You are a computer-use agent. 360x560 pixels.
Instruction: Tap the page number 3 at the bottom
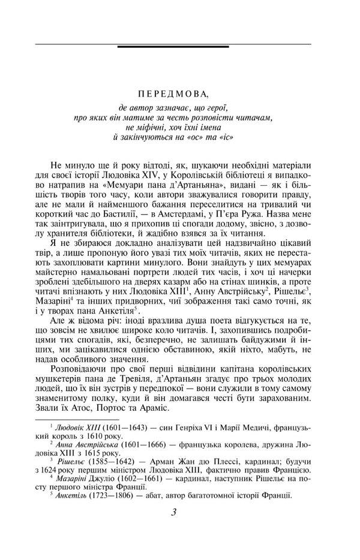tap(173, 513)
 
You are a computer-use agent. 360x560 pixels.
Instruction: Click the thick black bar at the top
tap(173, 46)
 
